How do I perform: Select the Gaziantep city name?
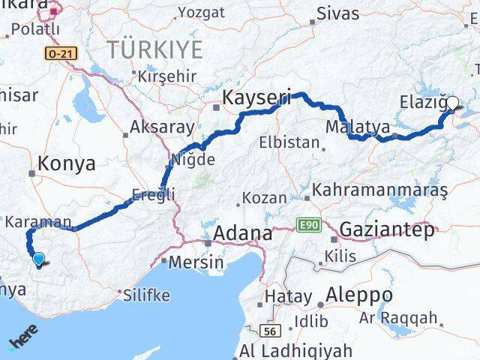(386, 230)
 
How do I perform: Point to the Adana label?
(242, 234)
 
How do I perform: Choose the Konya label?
(67, 163)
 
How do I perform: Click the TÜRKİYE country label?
(154, 50)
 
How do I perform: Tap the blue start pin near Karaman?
(39, 259)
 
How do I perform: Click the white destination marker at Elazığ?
(452, 106)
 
